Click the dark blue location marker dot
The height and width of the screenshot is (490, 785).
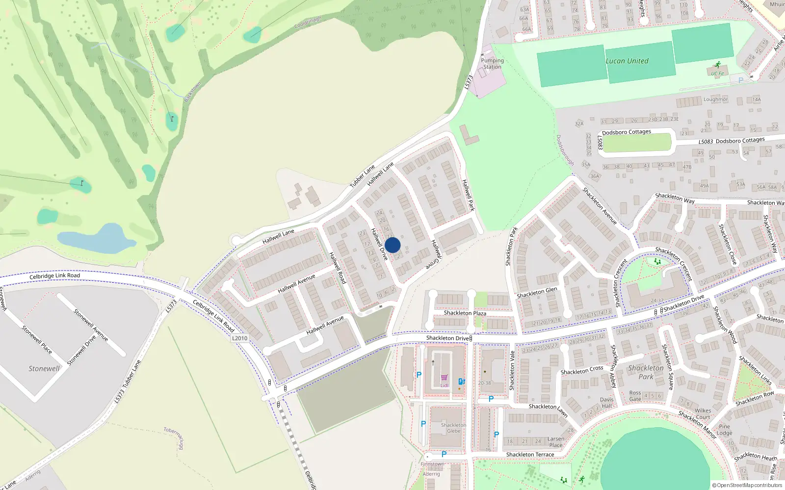pos(392,245)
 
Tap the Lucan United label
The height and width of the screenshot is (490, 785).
pos(627,61)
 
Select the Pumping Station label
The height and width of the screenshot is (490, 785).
pos(492,64)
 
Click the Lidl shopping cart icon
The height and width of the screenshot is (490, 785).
pos(444,378)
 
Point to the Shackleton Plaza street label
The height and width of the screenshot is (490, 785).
pos(465,313)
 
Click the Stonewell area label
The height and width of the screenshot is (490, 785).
pos(44,368)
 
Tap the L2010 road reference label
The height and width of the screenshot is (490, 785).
pos(239,338)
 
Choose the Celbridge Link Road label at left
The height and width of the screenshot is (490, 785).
pos(54,276)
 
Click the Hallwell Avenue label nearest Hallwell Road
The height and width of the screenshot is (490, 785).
pos(296,284)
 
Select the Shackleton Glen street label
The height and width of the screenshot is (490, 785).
pos(537,293)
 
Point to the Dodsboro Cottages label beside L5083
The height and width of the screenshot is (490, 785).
pos(740,141)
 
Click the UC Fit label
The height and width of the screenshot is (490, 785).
pos(717,74)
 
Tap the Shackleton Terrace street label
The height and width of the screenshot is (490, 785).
pos(530,455)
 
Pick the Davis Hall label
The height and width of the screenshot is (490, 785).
pos(607,403)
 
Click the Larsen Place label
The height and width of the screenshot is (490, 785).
pos(556,442)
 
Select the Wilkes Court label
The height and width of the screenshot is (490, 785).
pos(703,414)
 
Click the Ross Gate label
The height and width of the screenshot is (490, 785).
pos(635,396)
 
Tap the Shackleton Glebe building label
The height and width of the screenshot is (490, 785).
pos(453,428)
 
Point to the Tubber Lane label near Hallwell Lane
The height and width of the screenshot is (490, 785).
pos(362,176)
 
